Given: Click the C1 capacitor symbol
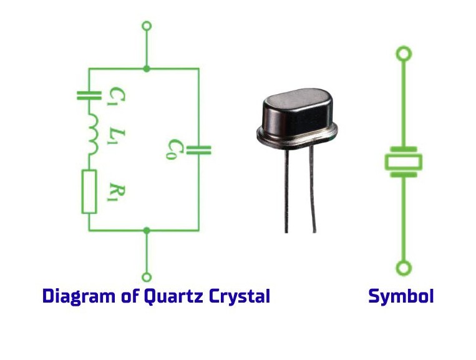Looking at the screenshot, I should [x=89, y=95].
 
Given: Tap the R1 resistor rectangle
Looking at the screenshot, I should [x=89, y=191].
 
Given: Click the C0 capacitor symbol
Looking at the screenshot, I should [x=199, y=149].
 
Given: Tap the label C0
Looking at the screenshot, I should [x=173, y=150].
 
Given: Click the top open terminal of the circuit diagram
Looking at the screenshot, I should [x=147, y=26].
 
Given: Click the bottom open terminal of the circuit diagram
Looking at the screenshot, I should [x=147, y=276].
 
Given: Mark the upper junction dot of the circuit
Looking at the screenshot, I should [x=147, y=68].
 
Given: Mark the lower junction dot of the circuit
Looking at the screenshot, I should [x=147, y=230].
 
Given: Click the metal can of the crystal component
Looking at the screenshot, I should [x=296, y=115].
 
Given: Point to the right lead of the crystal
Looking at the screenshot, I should [x=313, y=187].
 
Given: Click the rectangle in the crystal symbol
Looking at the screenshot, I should [x=404, y=162].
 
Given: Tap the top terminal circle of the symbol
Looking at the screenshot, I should [x=404, y=54].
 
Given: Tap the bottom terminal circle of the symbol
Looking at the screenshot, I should [x=404, y=269].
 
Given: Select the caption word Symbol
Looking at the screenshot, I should [x=401, y=296].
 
